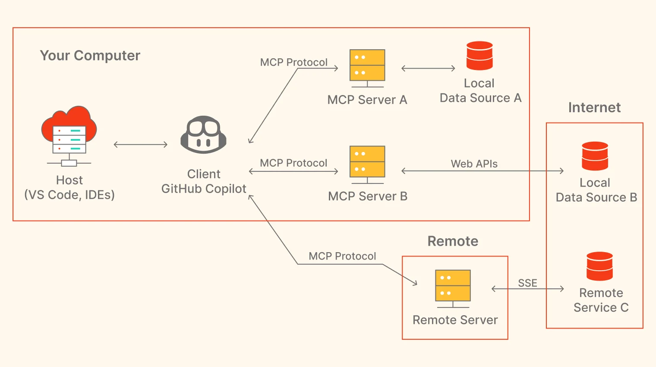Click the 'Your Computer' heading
click(x=90, y=56)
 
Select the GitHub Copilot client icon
click(x=203, y=135)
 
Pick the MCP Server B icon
click(x=367, y=164)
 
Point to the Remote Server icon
click(x=453, y=288)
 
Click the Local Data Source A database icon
click(x=479, y=56)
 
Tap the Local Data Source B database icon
click(x=595, y=156)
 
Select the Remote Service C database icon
click(x=599, y=266)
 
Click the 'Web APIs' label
click(x=474, y=164)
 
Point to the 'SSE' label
click(x=527, y=283)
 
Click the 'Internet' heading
click(x=594, y=108)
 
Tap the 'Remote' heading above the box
click(x=453, y=241)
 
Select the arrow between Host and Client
click(x=140, y=145)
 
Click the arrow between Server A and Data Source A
click(x=428, y=68)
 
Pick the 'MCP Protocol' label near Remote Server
click(x=342, y=256)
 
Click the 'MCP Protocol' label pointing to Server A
click(x=293, y=62)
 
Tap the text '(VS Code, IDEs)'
click(x=69, y=195)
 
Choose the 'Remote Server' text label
click(x=455, y=320)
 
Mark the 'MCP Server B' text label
click(x=367, y=196)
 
